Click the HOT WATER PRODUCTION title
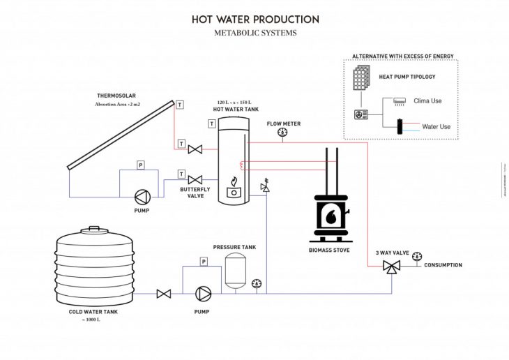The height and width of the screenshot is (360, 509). [x=255, y=19]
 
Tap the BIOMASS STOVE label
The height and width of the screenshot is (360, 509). [x=329, y=249]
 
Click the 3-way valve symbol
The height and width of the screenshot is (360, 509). [x=391, y=267]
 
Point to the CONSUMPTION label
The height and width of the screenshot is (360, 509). [x=443, y=265]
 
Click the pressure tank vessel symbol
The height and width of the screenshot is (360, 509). [x=234, y=272]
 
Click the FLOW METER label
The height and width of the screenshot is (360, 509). [x=283, y=123]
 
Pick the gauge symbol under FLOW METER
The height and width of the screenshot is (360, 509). [x=282, y=133]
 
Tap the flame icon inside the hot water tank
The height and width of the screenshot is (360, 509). [x=234, y=183]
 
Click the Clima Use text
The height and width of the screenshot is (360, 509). [x=428, y=101]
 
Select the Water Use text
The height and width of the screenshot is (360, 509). [x=436, y=126]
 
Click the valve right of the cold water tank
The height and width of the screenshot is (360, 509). [x=164, y=293]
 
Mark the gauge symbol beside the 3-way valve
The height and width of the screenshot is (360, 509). [x=416, y=255]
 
